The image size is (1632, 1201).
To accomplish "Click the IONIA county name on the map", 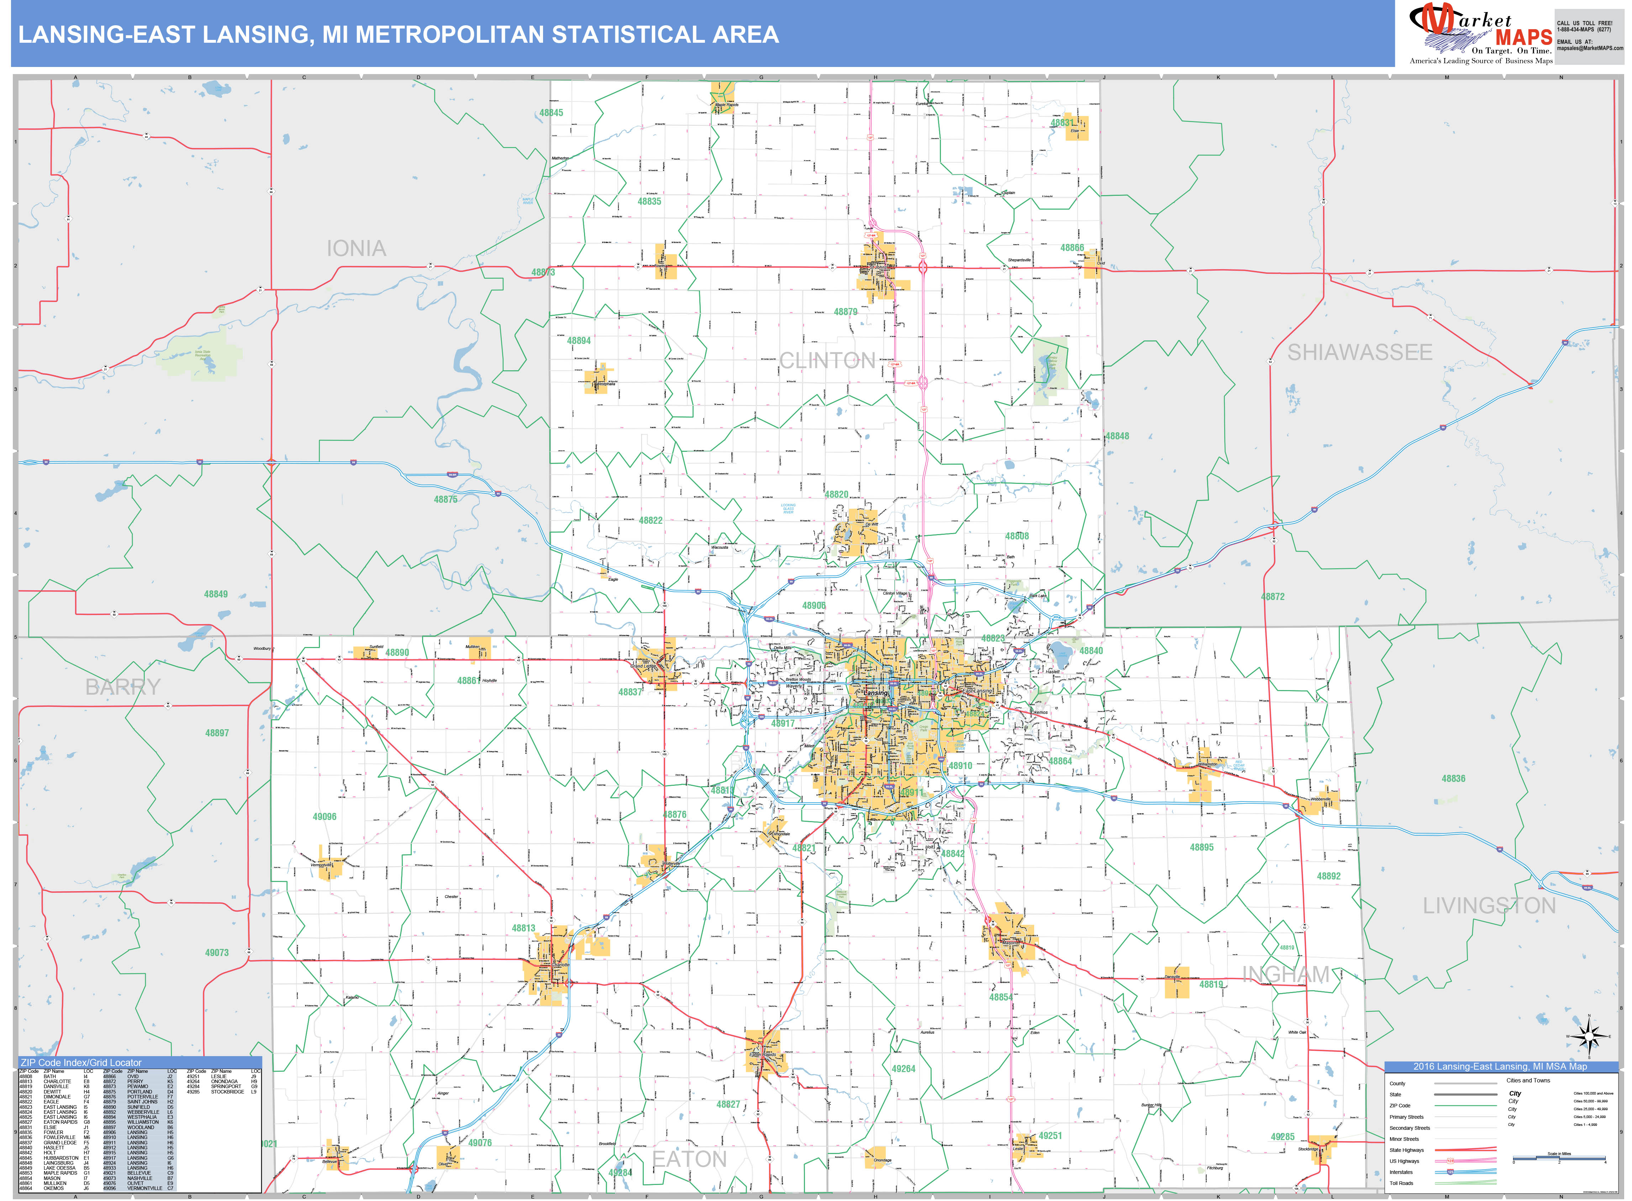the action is tap(356, 249).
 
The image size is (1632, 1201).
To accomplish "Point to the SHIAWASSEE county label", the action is tap(1359, 353).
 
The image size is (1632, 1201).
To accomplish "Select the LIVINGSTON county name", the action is tap(1489, 906).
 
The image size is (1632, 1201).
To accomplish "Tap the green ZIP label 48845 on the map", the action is tap(551, 113).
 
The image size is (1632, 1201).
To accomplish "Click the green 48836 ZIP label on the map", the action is tap(1453, 779).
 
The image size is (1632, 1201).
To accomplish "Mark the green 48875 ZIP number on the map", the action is tap(446, 500).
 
